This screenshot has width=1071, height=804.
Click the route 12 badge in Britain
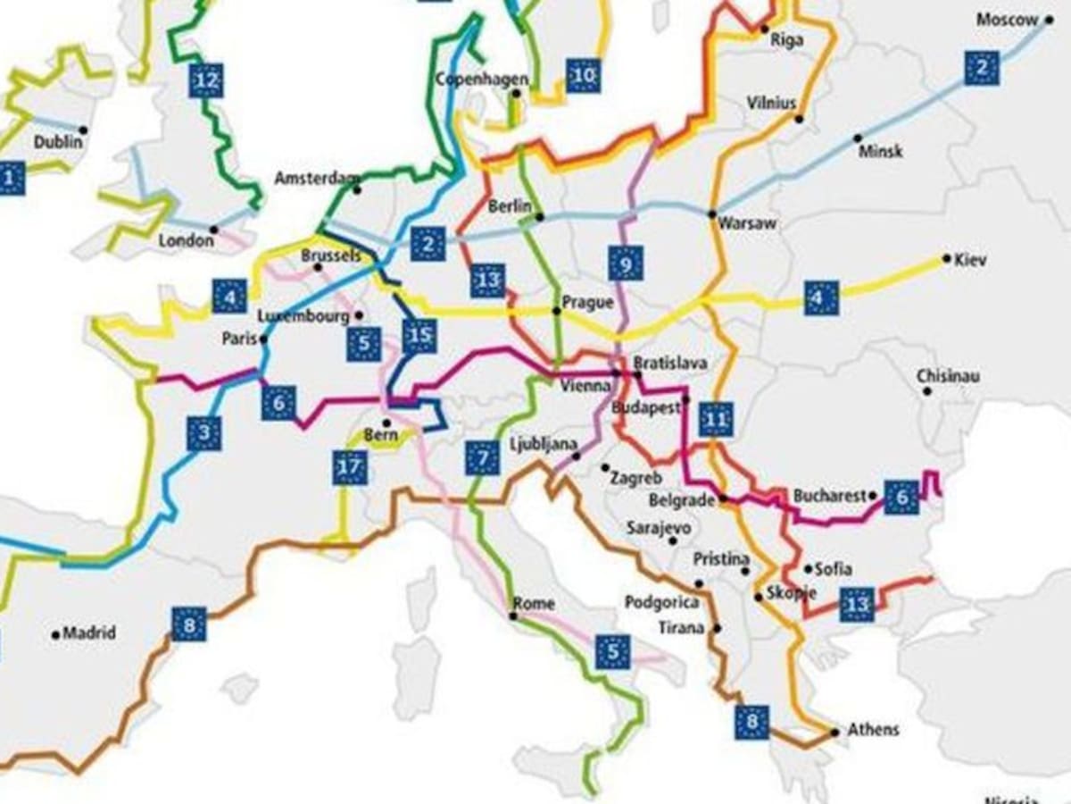click(x=205, y=81)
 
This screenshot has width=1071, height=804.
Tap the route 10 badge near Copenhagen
click(x=582, y=76)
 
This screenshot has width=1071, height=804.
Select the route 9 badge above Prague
click(x=626, y=264)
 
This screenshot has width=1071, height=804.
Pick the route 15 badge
click(x=418, y=335)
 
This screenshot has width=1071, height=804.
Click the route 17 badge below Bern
click(x=349, y=467)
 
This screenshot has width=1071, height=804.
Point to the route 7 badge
click(x=482, y=457)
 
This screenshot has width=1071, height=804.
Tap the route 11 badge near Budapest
click(x=716, y=419)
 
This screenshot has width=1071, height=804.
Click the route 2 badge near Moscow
click(x=982, y=68)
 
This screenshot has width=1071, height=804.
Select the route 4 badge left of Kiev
click(x=821, y=298)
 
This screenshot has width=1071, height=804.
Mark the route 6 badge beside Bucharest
click(x=901, y=497)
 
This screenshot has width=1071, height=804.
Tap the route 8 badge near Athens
click(x=751, y=722)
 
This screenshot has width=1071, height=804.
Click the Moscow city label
click(x=1007, y=20)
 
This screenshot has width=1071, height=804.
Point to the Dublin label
click(x=58, y=141)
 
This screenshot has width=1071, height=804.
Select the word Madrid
click(x=89, y=633)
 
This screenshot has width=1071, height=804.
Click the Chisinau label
click(x=948, y=376)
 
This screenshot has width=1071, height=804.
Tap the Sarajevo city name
click(x=659, y=528)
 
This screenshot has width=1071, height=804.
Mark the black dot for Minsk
click(x=858, y=138)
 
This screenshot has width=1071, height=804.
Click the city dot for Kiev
click(x=946, y=259)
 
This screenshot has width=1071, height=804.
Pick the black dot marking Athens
click(x=834, y=733)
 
